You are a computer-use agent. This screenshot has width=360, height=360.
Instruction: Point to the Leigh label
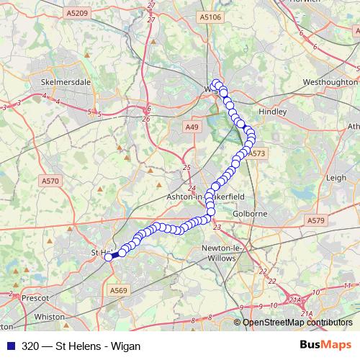[336, 176]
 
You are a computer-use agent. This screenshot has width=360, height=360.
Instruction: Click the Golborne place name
[251, 214]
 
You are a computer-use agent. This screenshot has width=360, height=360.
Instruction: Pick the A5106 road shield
[210, 17]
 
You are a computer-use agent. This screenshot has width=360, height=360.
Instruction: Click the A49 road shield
[191, 127]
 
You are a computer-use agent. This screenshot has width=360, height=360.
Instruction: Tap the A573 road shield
[258, 153]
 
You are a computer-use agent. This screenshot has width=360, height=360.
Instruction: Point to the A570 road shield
[50, 182]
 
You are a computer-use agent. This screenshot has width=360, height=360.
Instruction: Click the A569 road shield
[119, 290]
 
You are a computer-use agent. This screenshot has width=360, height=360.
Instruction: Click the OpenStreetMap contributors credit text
[297, 323]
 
